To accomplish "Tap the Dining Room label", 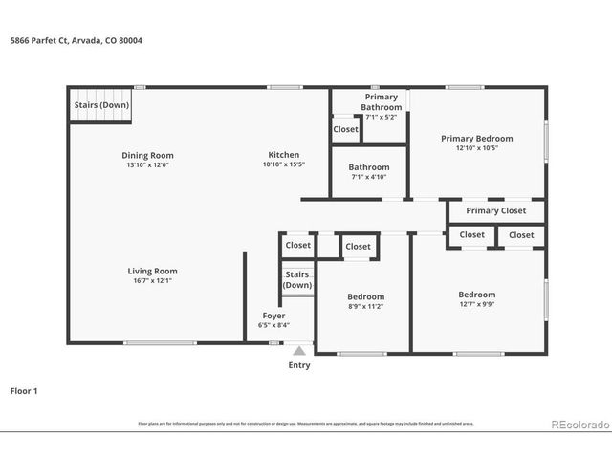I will point(147,155).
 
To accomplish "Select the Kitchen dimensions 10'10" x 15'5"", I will point(283,164).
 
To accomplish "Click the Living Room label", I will point(153,271).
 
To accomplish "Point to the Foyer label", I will point(273,316).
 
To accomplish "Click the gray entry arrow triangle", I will point(299,351).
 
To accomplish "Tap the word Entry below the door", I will point(299,365).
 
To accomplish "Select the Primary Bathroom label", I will point(381,101).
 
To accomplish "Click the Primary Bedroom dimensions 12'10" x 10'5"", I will point(476,147).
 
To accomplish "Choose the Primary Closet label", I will point(495,211).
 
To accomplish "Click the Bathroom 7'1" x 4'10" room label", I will point(368,171).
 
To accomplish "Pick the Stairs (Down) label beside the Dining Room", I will point(101,105).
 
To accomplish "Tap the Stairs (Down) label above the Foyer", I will point(296,280).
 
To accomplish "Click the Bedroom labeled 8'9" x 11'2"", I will point(365,301).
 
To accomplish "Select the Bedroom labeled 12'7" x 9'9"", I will point(476,299).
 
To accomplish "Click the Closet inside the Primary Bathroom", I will point(345,129).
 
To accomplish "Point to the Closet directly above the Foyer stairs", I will point(297,245).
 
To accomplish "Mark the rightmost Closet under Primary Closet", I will point(521,234).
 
